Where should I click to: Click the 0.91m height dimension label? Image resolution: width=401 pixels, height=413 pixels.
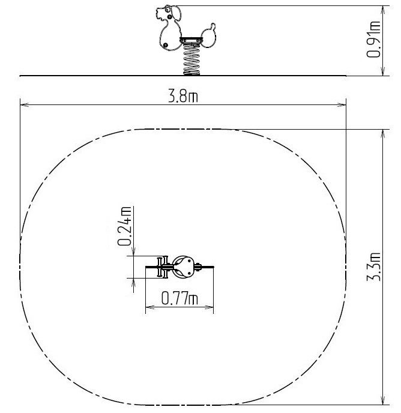[x=373, y=40]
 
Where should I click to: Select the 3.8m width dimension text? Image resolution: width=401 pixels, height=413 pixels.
[x=183, y=96]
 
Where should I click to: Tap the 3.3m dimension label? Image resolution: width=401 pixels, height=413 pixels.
[x=373, y=267]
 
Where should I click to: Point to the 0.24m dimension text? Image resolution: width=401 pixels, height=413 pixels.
[x=124, y=226]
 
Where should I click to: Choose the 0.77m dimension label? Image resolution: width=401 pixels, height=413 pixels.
[x=179, y=298]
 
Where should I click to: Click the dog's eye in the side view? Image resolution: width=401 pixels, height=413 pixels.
[x=168, y=10]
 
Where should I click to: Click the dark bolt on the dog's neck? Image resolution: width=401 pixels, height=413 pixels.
[x=170, y=17]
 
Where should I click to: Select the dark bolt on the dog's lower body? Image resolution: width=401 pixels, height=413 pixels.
[x=165, y=45]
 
